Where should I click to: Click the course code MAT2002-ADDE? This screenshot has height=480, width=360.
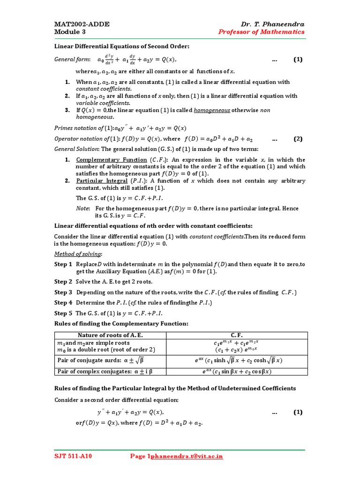click(82, 24)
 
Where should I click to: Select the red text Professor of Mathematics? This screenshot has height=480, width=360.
click(261, 32)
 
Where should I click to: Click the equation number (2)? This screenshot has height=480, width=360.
click(298, 139)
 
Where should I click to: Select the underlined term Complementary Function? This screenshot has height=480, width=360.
click(105, 160)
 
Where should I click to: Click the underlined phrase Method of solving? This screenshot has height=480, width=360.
click(78, 254)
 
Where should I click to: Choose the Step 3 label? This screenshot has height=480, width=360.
click(63, 292)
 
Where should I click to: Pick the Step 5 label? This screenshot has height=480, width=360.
click(63, 313)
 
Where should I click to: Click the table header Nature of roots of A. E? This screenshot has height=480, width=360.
click(110, 335)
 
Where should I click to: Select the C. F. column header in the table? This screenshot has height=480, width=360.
click(237, 335)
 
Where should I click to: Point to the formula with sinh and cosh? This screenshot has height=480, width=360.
click(239, 360)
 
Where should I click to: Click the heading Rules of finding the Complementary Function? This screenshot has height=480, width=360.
click(121, 324)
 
